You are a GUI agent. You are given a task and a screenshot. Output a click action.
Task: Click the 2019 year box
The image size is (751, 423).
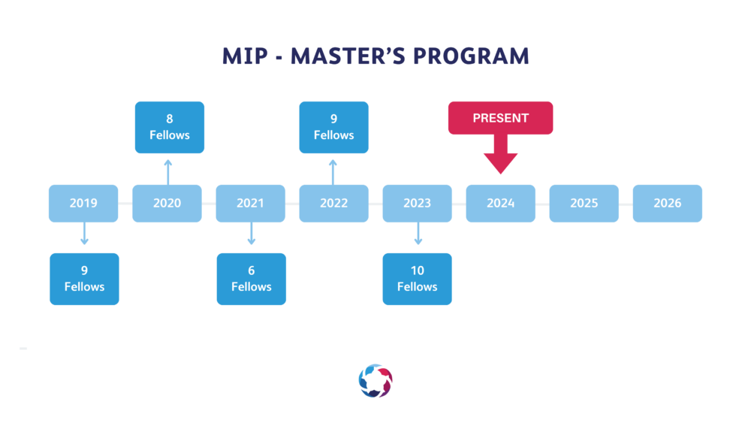coord(83,203)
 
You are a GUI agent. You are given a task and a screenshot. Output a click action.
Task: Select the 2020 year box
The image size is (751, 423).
coord(167,203)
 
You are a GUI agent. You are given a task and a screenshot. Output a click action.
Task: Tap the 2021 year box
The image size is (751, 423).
coord(251,203)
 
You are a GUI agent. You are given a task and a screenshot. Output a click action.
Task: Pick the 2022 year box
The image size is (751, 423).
coord(334,203)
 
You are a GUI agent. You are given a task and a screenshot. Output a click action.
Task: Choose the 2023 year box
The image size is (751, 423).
coord(417,203)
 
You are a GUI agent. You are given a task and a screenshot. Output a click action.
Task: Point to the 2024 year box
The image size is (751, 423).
coord(500,203)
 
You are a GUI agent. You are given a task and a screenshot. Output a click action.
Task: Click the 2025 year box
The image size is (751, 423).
coord(584,203)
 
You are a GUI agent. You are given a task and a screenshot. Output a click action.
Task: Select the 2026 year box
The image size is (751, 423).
coord(667,203)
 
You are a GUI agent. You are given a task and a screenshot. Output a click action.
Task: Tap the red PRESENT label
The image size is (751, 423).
coord(500,118)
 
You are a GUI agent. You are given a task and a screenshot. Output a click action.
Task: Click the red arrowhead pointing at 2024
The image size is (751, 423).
coord(500,163)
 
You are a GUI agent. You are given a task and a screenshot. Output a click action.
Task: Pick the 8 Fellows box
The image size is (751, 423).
coord(170,128)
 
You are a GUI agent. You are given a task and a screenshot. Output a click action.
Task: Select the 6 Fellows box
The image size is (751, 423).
coord(252,279)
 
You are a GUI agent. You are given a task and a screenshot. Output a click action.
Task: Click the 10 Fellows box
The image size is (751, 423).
coord(417,279)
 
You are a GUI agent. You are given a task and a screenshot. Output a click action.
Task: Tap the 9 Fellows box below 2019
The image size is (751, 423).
coord(84,279)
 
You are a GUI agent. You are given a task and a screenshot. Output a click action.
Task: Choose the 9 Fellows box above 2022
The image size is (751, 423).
coord(334,128)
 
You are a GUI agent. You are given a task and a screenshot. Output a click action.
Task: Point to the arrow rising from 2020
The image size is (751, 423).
coord(168,173)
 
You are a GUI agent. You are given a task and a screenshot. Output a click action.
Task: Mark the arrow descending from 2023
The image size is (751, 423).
coord(418,234)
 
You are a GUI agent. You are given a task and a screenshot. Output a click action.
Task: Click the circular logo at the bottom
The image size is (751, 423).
coord(375,381)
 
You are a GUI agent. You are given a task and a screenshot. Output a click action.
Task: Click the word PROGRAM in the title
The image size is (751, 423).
coord(471,56)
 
